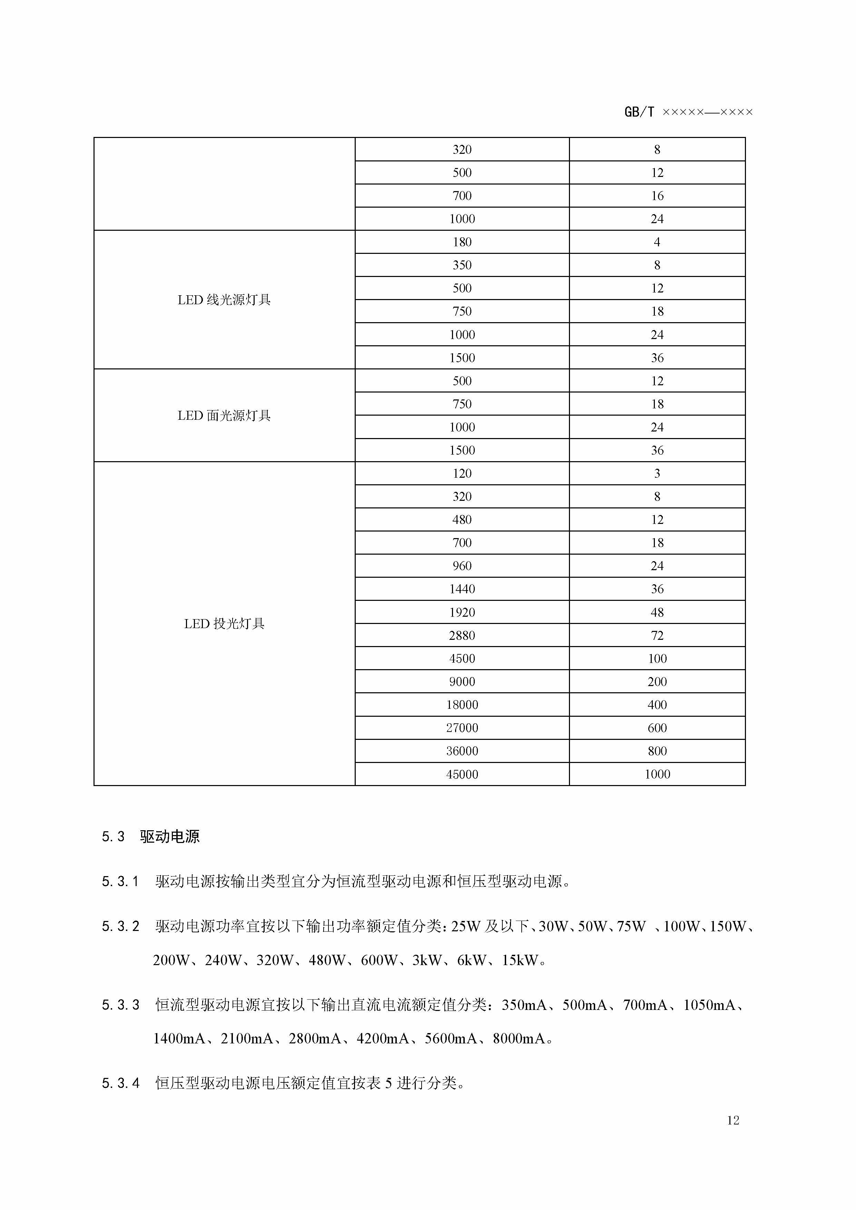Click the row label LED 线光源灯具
(224, 300)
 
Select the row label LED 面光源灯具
(224, 415)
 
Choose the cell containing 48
(657, 612)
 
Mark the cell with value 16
(657, 196)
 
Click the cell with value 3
(657, 473)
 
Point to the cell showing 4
(657, 242)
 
